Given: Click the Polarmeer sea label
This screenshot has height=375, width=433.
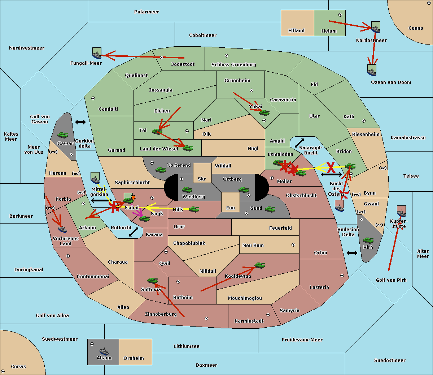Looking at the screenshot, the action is click(x=146, y=12).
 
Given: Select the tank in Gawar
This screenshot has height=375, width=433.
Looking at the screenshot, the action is click(x=62, y=135).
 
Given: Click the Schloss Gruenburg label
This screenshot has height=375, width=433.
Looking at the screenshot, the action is click(x=233, y=64).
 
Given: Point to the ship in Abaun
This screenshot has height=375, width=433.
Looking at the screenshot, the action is click(x=104, y=351).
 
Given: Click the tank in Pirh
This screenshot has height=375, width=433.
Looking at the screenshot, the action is click(x=368, y=240).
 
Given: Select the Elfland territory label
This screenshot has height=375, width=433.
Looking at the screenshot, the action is click(x=296, y=31).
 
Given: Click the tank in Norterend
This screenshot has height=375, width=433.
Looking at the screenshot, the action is click(x=161, y=170).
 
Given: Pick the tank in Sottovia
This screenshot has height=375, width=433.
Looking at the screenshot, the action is click(x=153, y=280).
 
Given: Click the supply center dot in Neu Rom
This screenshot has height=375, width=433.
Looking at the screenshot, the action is click(x=293, y=245).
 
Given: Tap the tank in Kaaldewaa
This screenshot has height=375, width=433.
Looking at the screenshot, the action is click(x=259, y=265).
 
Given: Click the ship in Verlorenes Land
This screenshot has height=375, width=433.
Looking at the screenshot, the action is click(x=62, y=229).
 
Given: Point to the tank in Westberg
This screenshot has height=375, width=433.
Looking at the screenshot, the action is click(x=187, y=189).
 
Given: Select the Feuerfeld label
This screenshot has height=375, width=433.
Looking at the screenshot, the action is click(x=280, y=228).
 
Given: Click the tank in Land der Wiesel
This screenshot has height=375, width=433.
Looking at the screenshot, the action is click(x=188, y=148).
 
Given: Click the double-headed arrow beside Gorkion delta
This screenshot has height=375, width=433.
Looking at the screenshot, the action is click(x=80, y=122).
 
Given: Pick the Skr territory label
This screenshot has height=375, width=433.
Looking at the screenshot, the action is click(x=202, y=179).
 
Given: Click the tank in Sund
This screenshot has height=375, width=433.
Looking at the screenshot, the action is click(x=270, y=209).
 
